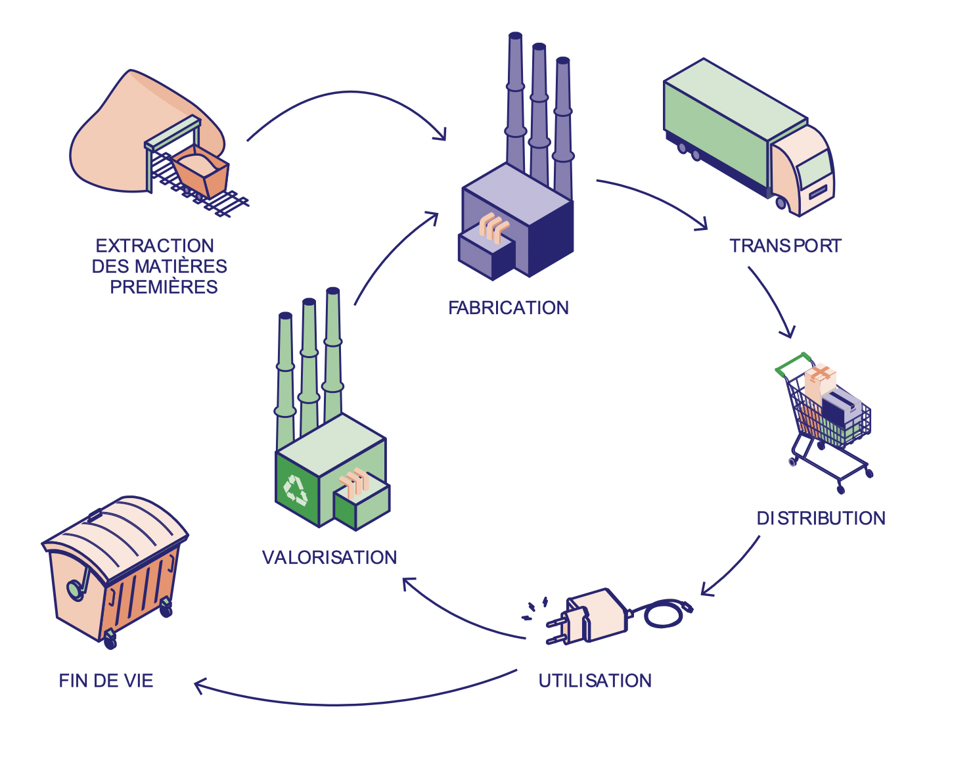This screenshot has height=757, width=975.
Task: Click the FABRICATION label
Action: [x=508, y=308]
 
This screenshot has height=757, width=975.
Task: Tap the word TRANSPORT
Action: [x=784, y=246]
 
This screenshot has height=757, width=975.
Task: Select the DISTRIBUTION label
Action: [x=821, y=518]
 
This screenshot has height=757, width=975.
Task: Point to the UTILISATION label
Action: [x=595, y=681]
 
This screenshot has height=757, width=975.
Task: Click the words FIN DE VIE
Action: [x=106, y=681]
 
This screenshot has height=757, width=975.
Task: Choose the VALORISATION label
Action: [x=329, y=557]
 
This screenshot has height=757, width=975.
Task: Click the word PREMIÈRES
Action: [x=164, y=287]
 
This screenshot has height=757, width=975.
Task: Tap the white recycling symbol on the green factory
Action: [x=295, y=490]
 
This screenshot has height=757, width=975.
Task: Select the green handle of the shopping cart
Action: [x=792, y=364]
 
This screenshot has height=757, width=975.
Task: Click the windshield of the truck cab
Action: [x=814, y=169]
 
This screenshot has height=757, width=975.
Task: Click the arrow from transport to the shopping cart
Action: [x=773, y=301]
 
